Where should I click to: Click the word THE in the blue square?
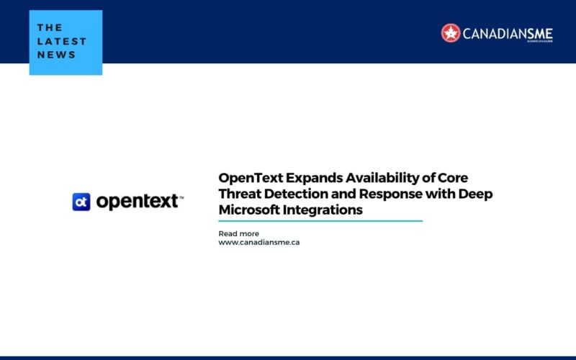tap(50, 27)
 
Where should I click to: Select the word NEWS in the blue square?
tap(56, 55)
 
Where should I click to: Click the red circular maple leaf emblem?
tap(451, 33)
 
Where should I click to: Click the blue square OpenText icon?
tap(81, 202)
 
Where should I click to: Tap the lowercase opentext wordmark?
tap(138, 202)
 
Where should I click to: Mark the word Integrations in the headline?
tap(323, 210)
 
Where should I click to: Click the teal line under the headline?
tap(320, 221)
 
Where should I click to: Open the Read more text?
tap(238, 233)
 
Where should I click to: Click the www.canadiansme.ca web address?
tap(258, 243)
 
